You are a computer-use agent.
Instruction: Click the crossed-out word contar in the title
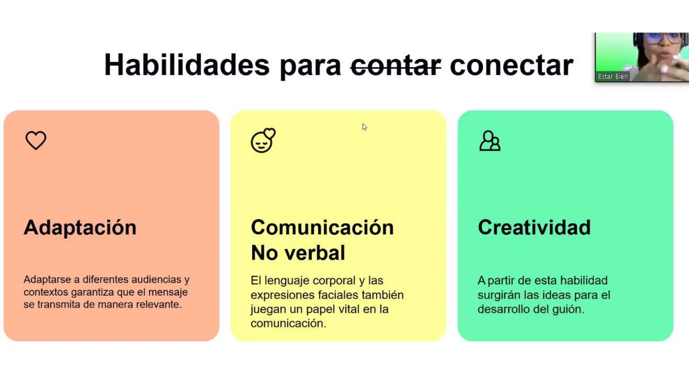396,65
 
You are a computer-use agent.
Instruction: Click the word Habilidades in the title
187,65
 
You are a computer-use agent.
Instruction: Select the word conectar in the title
511,65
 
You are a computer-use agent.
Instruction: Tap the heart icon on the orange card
36,140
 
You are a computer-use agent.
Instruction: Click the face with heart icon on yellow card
263,140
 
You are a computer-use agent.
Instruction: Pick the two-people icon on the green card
490,141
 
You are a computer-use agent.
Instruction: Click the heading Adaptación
80,228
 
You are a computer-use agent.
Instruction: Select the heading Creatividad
534,228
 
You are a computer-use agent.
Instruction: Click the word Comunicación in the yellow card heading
322,228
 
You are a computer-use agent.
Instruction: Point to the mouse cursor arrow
364,127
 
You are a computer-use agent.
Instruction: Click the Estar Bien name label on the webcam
613,76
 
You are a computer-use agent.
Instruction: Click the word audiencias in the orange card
156,280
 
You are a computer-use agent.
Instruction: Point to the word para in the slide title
310,65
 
